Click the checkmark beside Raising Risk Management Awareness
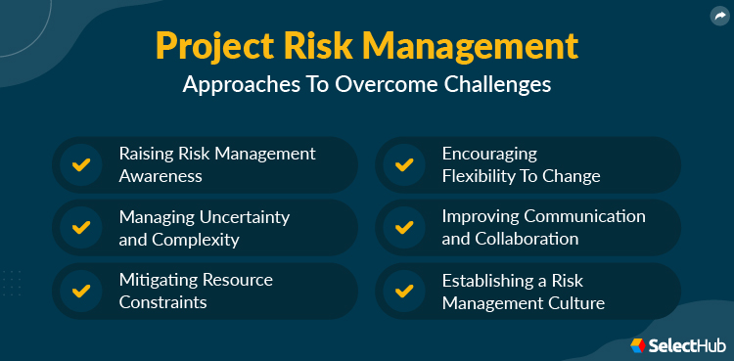click(81, 164)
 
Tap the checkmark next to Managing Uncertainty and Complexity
click(81, 227)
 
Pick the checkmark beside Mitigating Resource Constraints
click(81, 291)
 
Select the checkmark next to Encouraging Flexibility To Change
click(403, 164)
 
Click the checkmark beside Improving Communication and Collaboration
click(403, 227)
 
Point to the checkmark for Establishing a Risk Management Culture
click(403, 291)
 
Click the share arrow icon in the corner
click(718, 15)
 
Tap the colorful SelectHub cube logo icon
click(638, 344)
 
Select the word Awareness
click(161, 177)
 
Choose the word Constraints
click(162, 302)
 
